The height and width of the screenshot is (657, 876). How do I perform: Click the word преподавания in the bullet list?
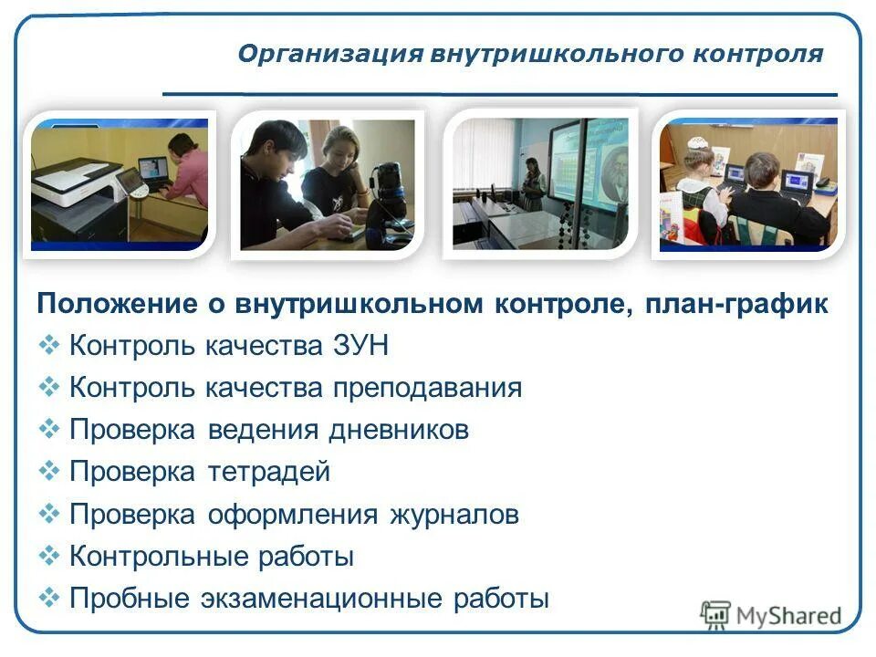(x=426, y=389)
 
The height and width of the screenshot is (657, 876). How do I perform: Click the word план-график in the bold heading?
(x=737, y=305)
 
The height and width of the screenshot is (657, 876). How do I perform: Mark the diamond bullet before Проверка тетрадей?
(x=49, y=471)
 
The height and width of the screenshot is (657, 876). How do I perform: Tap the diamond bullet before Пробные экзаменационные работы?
(x=49, y=598)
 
